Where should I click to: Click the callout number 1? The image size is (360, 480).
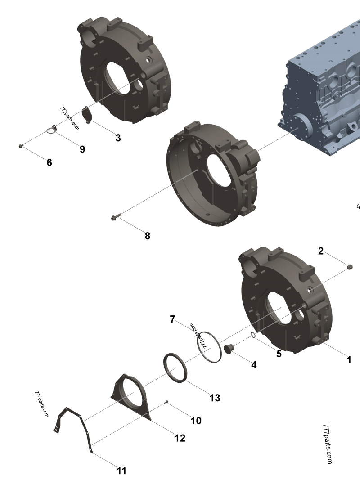(x=349, y=360)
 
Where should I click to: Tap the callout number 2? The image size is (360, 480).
(x=321, y=251)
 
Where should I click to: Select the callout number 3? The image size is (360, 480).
(x=118, y=138)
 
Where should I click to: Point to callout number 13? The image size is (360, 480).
(x=215, y=398)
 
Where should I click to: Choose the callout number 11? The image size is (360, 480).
(x=121, y=471)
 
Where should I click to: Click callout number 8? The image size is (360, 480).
(x=147, y=236)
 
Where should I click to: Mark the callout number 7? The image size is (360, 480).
(x=172, y=319)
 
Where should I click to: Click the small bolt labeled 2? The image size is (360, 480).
(x=350, y=268)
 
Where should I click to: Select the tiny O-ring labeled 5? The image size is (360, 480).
(x=253, y=335)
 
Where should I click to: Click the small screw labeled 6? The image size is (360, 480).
(x=21, y=146)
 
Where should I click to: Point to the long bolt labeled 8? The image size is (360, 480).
(x=113, y=218)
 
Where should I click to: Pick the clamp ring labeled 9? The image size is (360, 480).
(x=52, y=130)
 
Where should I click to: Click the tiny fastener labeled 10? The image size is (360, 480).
(x=167, y=401)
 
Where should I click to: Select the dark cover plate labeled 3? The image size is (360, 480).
(x=89, y=115)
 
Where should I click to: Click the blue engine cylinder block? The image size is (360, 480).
(x=324, y=99)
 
